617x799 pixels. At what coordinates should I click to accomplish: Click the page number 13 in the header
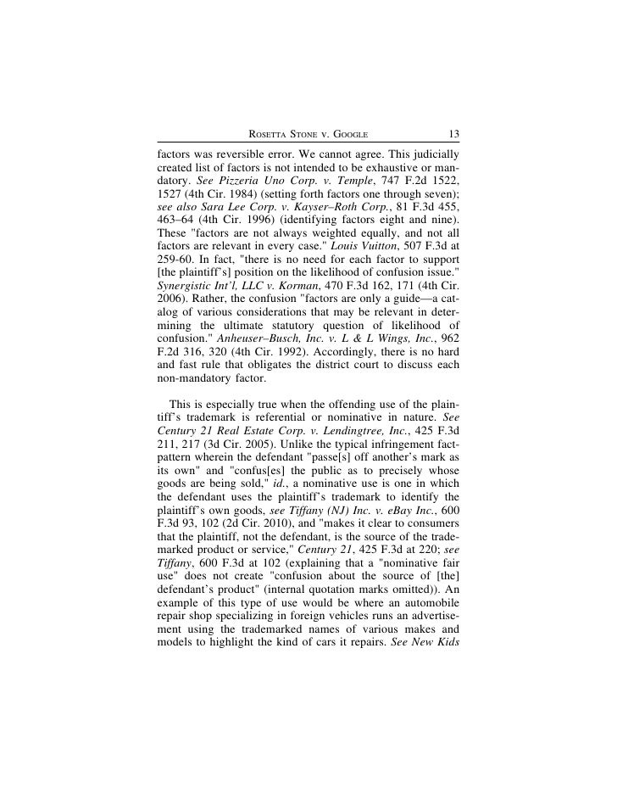(x=451, y=133)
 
